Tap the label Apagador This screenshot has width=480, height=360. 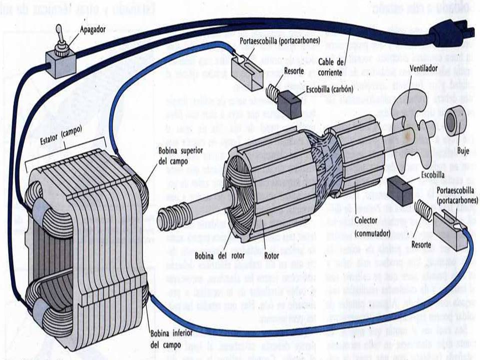[93, 29]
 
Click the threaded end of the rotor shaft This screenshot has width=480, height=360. [167, 219]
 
